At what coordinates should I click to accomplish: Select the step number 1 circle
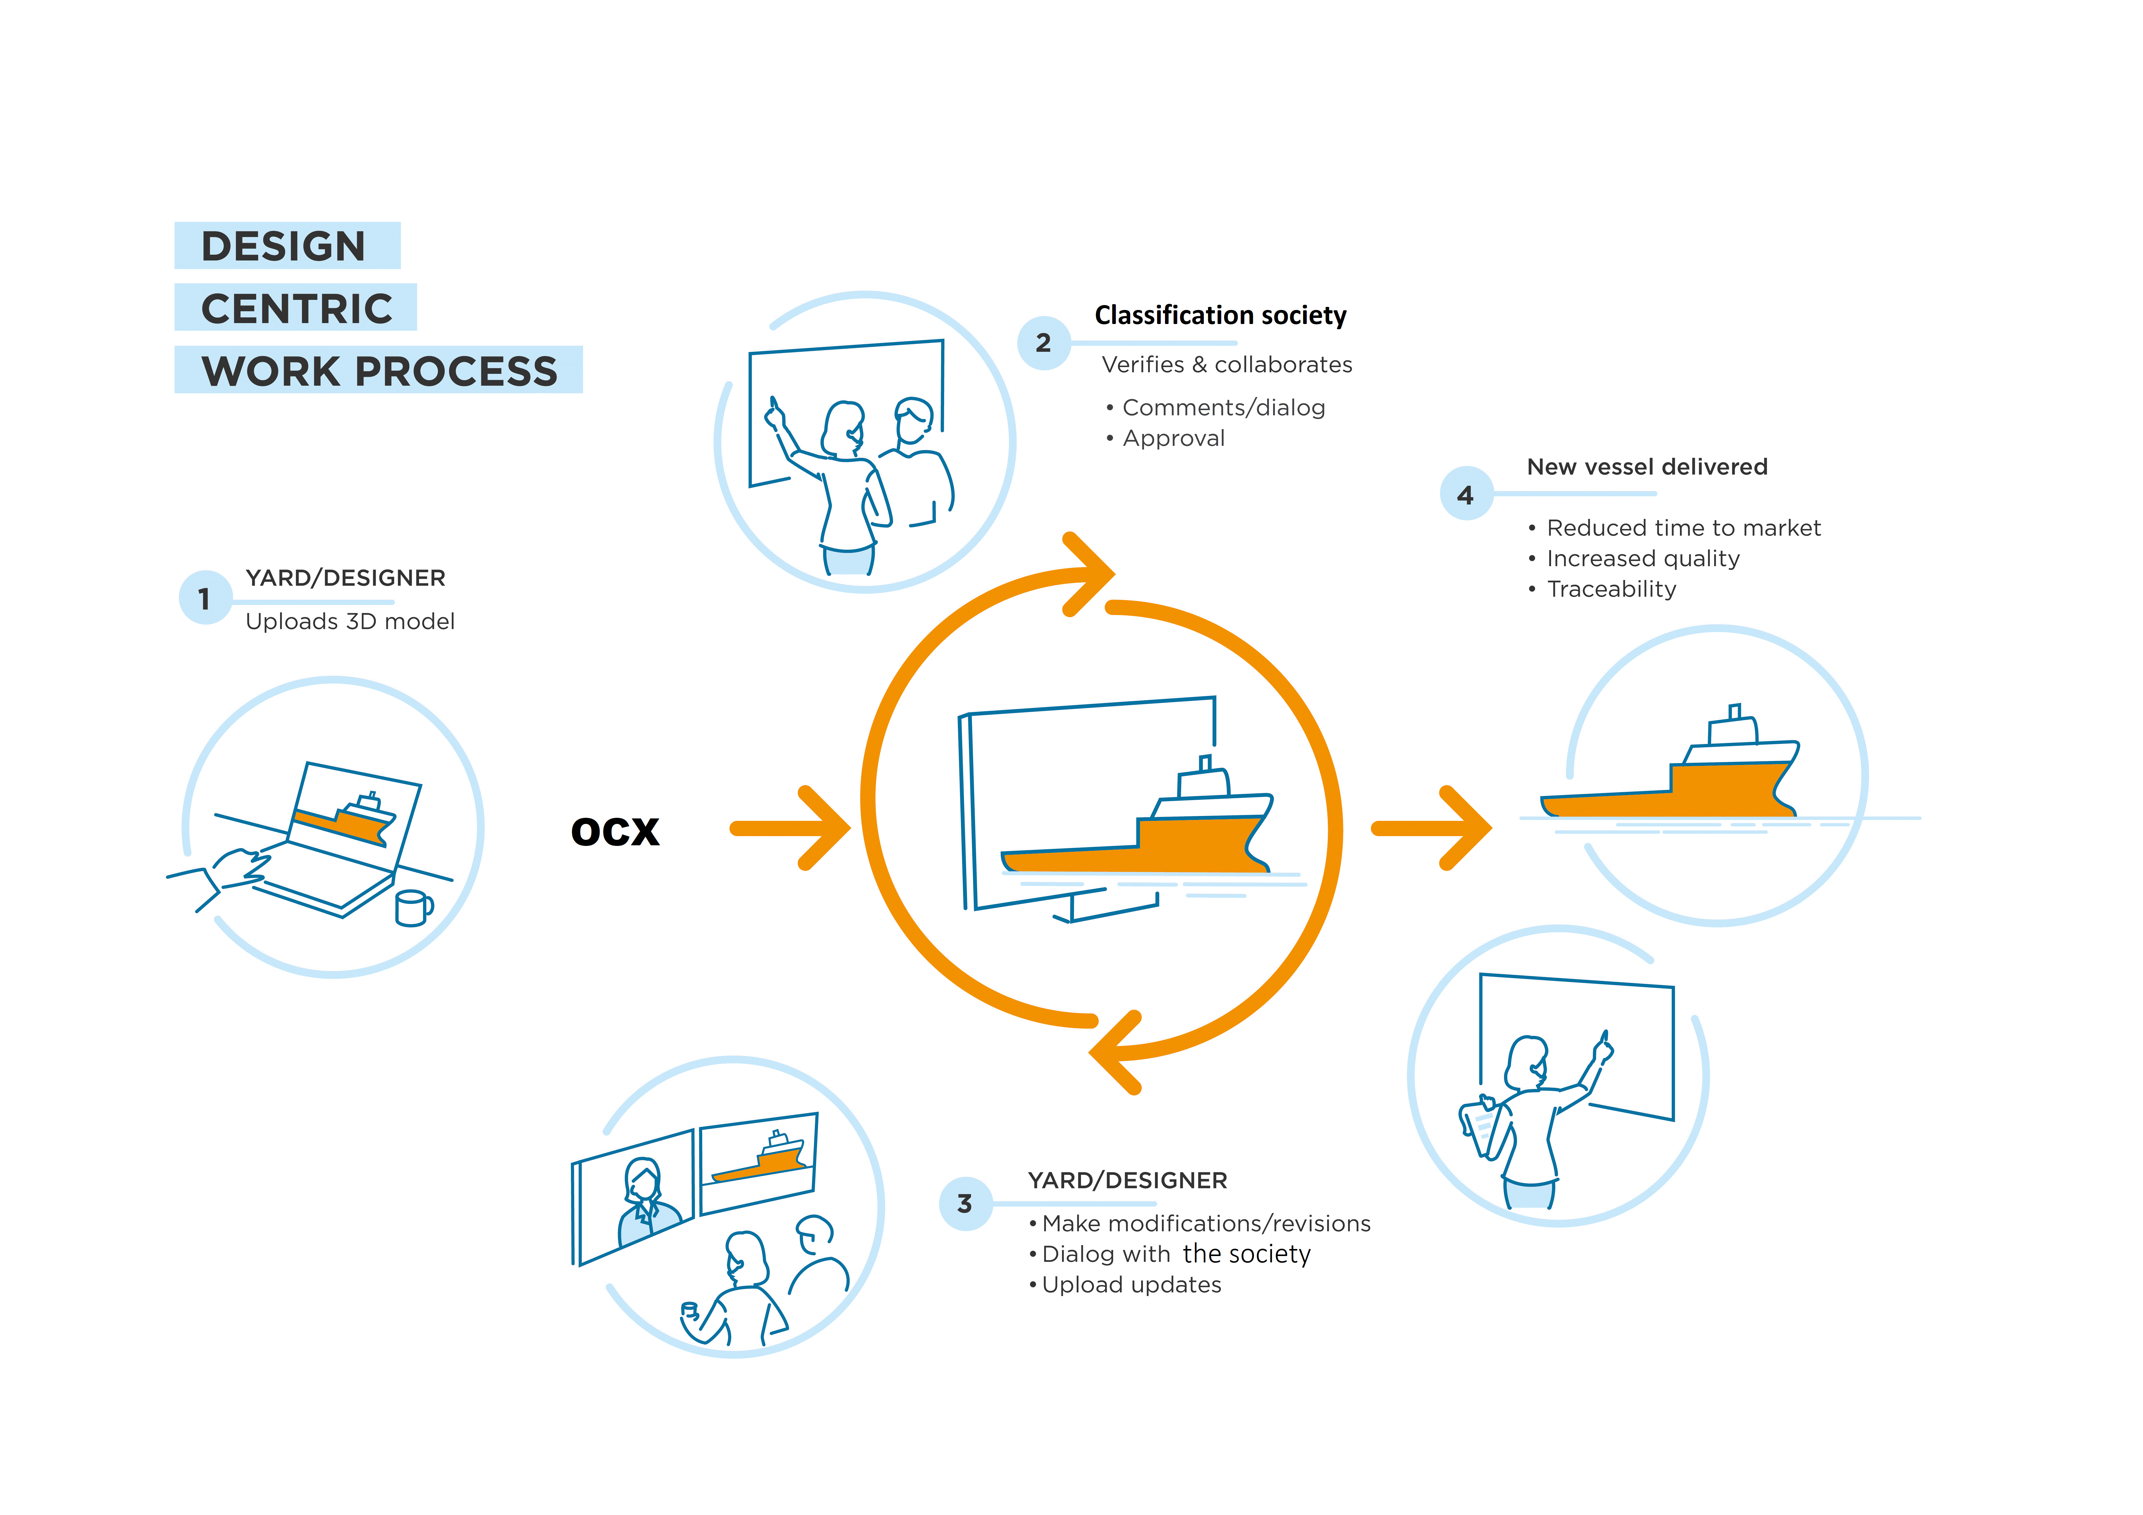(204, 597)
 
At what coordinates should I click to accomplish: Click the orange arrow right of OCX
(791, 828)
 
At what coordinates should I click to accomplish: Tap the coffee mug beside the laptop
(412, 907)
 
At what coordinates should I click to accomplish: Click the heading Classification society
(1220, 315)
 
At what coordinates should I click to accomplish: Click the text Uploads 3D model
(350, 622)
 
